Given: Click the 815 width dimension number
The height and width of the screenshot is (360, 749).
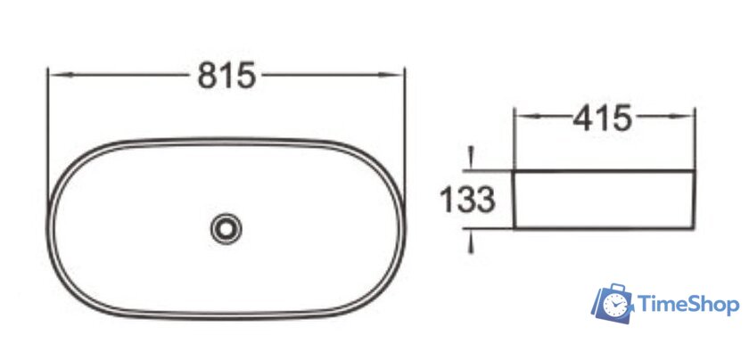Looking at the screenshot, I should click(x=226, y=76).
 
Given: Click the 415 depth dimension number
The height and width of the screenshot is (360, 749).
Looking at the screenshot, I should click(x=603, y=117).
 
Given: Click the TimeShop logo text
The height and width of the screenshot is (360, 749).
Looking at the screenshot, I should click(x=687, y=306).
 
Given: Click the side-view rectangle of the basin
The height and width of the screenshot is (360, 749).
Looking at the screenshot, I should click(x=604, y=199).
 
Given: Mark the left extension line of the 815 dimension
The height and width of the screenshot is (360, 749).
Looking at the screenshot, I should click(x=47, y=134).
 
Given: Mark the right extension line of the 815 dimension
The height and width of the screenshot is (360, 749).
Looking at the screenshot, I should click(x=404, y=134).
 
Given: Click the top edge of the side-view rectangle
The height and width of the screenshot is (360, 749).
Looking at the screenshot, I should click(x=604, y=170).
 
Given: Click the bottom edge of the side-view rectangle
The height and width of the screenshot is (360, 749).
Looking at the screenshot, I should click(x=604, y=228).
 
